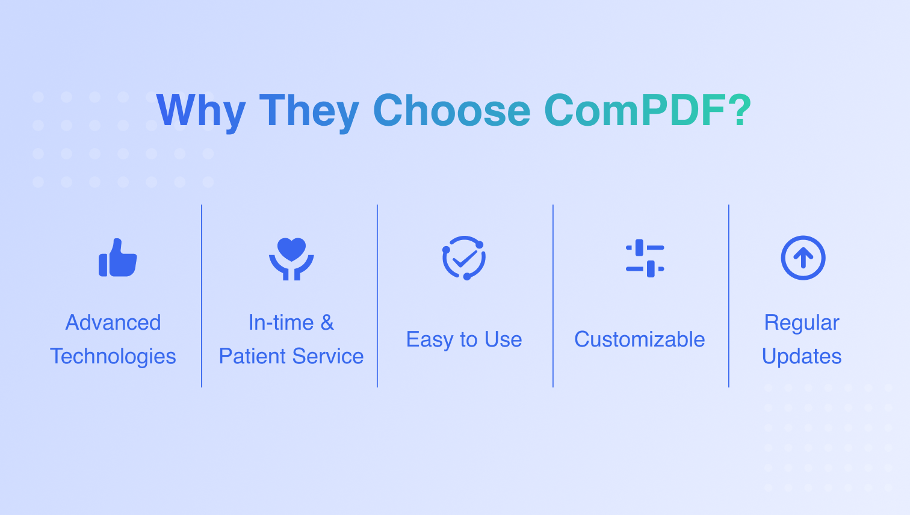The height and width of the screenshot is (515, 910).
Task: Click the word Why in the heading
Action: click(200, 111)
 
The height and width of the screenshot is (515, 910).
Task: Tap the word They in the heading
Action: click(309, 111)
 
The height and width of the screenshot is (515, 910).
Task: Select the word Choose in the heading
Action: click(451, 111)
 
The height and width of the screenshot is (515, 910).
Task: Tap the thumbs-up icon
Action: click(118, 258)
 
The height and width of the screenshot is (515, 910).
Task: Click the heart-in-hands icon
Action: click(291, 259)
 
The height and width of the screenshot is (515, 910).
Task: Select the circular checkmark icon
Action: click(464, 258)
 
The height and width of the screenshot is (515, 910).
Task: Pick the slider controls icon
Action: click(645, 258)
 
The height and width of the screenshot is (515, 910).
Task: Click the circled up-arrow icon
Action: click(803, 258)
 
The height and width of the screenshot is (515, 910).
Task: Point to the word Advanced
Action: click(113, 323)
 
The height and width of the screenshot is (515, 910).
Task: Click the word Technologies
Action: click(113, 357)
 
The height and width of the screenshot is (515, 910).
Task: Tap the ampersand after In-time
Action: click(327, 323)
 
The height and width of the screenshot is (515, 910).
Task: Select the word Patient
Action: click(252, 357)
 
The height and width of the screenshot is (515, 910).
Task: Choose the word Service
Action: click(328, 357)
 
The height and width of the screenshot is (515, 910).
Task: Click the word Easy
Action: click(429, 340)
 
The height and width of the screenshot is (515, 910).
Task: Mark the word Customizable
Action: click(640, 340)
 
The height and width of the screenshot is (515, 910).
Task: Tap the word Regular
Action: click(802, 323)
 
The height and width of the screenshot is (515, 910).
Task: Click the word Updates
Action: click(802, 357)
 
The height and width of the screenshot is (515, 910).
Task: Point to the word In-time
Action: click(281, 323)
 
